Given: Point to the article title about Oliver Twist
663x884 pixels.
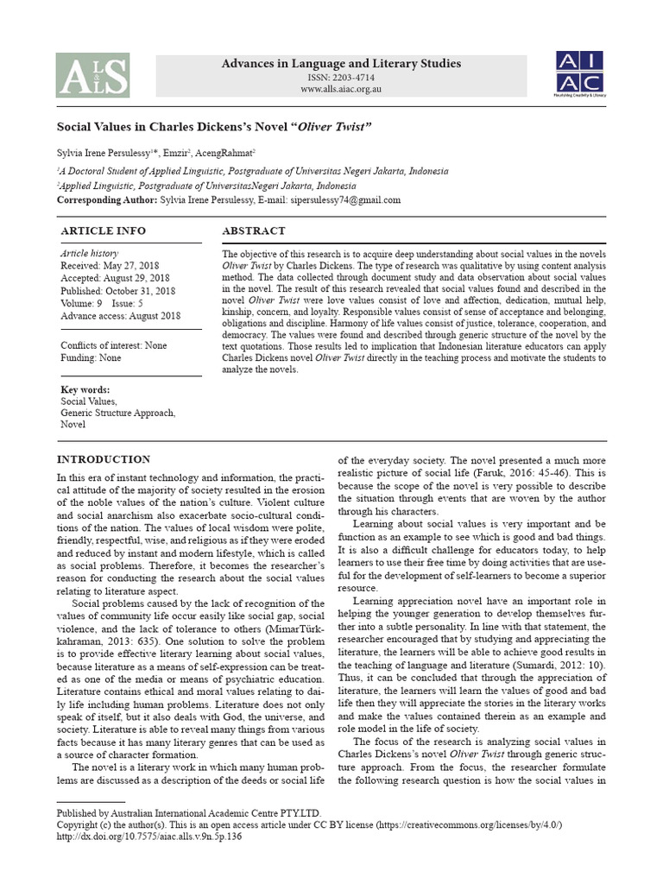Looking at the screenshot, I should coord(214,127).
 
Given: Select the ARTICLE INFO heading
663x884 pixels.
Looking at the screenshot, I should coord(103,231).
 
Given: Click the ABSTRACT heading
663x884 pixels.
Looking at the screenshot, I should coord(254,231).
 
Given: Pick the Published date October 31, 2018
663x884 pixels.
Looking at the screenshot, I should coord(119,291).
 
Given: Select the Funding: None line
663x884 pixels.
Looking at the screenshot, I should coord(91,358).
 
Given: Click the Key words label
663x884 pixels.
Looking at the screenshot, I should coord(85,390).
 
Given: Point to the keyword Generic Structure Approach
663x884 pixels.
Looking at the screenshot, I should coord(117,414).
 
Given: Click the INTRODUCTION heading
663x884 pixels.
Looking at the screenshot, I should coord(103,459).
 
